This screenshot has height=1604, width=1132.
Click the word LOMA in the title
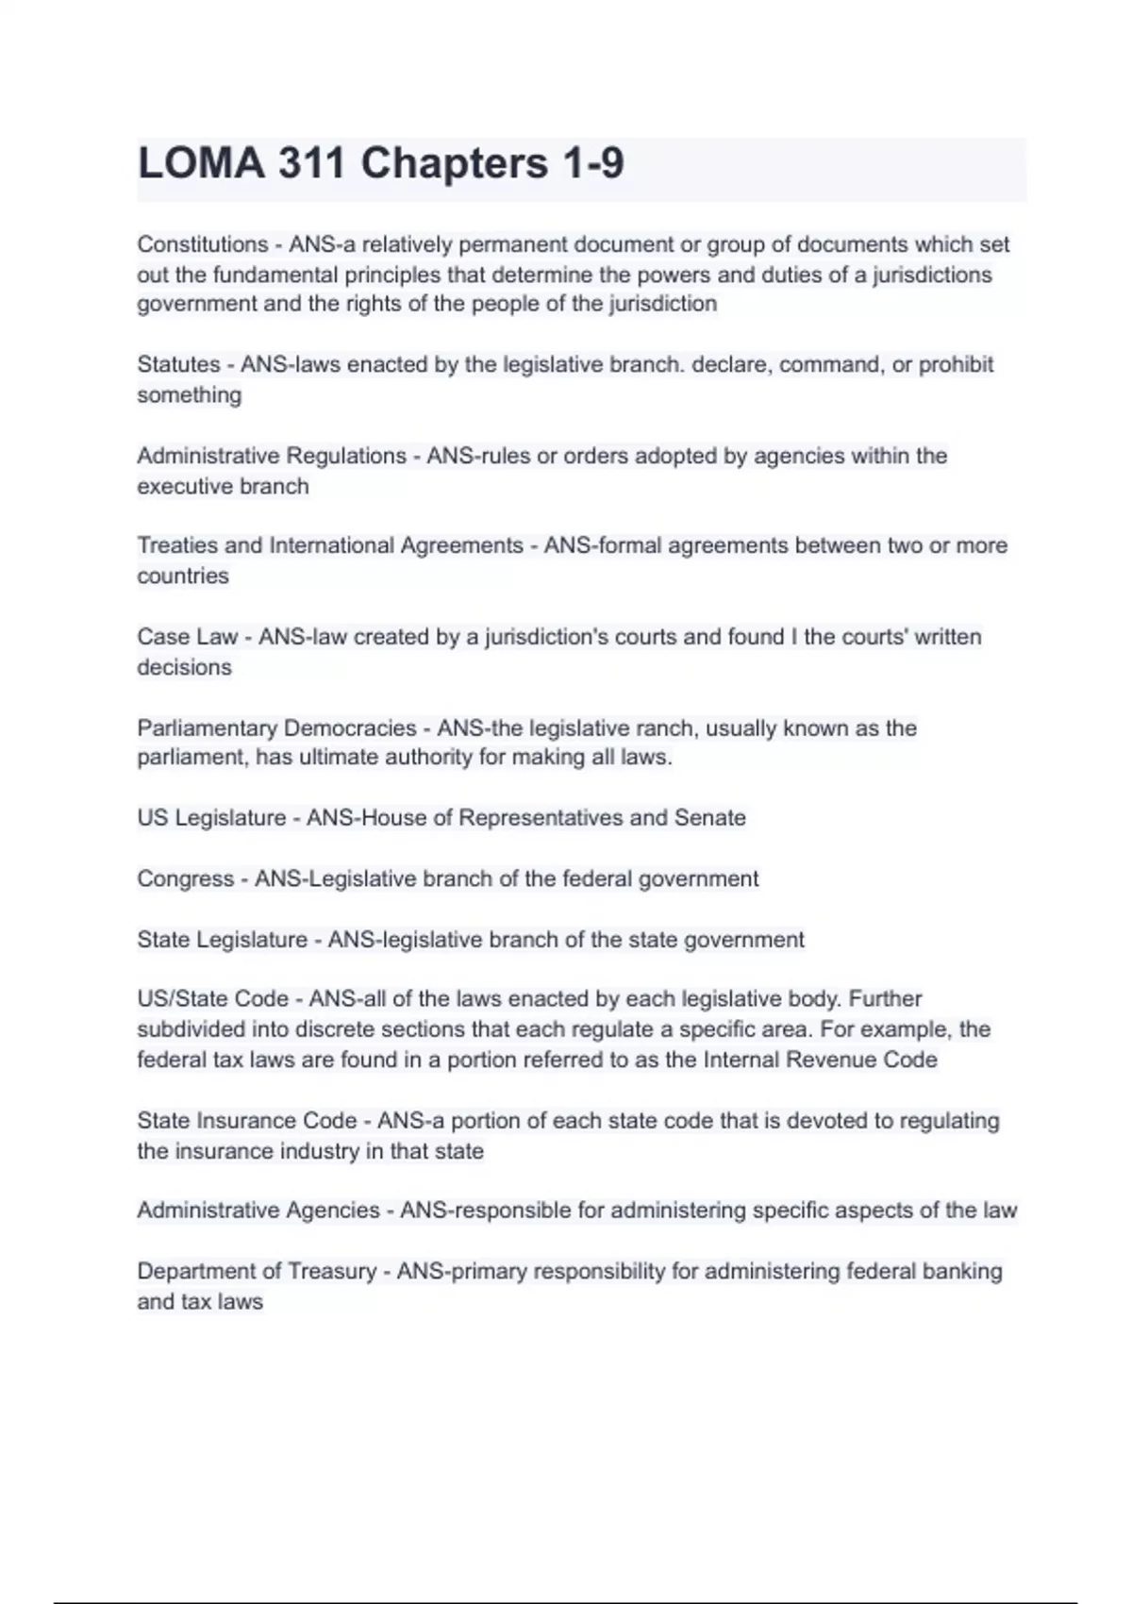pyautogui.click(x=201, y=163)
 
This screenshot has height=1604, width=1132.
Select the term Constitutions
pyautogui.click(x=203, y=244)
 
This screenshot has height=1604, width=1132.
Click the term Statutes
pyautogui.click(x=178, y=365)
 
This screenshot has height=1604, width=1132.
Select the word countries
pyautogui.click(x=183, y=576)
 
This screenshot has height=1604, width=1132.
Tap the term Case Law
pyautogui.click(x=187, y=637)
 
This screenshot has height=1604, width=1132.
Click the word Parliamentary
pyautogui.click(x=206, y=728)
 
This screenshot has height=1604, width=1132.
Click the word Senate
pyautogui.click(x=709, y=818)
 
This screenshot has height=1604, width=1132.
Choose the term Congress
pyautogui.click(x=185, y=879)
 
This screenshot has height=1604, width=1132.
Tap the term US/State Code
pyautogui.click(x=212, y=999)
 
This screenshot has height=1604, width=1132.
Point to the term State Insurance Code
pyautogui.click(x=247, y=1121)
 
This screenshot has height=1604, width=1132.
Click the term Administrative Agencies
pyautogui.click(x=258, y=1211)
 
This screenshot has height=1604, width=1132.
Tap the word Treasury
pyautogui.click(x=332, y=1272)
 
